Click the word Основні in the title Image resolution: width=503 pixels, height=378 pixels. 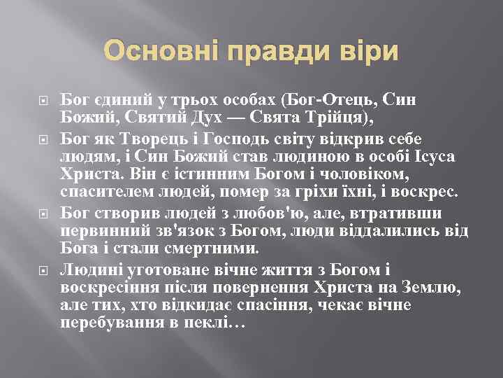click(159, 52)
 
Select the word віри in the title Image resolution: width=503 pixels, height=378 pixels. click(368, 52)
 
